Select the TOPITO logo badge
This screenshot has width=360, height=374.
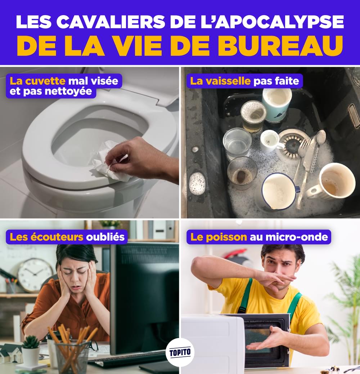tap(180, 352)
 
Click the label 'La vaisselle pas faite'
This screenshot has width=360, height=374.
tap(245, 81)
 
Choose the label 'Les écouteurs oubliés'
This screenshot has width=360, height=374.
tap(67, 237)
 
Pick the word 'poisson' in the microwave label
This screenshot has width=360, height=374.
tap(226, 237)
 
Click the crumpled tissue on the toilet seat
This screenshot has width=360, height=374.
tap(108, 160)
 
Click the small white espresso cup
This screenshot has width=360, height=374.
tap(271, 141)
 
